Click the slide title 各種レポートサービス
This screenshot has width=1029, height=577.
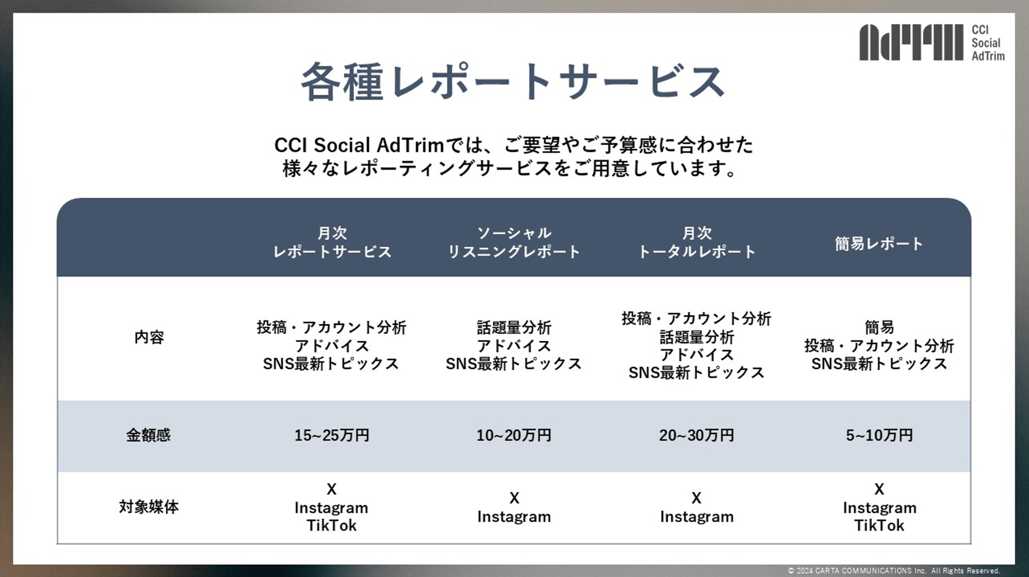click(x=513, y=82)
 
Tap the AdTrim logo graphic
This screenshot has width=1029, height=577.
click(x=911, y=42)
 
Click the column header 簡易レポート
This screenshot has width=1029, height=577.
click(x=879, y=243)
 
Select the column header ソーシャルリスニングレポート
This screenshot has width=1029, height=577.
click(x=514, y=242)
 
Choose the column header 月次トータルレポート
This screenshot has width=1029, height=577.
click(x=696, y=242)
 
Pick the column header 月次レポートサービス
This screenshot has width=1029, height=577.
click(x=332, y=242)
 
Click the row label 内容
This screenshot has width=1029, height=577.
click(x=149, y=337)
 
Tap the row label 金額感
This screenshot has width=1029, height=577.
click(x=148, y=435)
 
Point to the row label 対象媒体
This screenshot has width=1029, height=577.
click(x=148, y=507)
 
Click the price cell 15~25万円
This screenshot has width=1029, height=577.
click(x=332, y=435)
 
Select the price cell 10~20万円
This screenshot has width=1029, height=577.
click(x=514, y=435)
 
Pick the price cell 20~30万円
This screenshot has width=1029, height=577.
click(x=696, y=435)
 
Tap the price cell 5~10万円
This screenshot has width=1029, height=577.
click(x=879, y=435)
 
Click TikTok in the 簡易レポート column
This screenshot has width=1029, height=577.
click(x=879, y=525)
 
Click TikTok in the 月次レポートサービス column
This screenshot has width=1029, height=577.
click(x=332, y=525)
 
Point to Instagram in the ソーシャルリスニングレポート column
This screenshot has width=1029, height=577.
click(x=514, y=517)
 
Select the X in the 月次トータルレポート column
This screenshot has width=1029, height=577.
click(x=696, y=498)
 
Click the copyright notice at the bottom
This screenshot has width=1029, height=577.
click(x=894, y=571)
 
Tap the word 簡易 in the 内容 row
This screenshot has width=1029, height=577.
click(x=879, y=327)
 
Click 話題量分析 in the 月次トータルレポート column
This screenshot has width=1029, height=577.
click(x=696, y=337)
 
